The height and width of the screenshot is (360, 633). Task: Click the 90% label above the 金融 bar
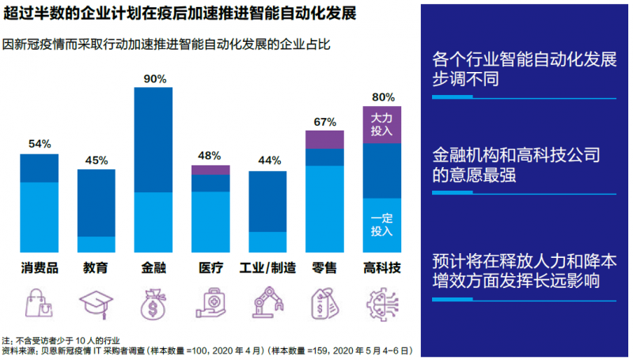(x=154, y=78)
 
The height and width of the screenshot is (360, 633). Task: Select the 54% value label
(x=40, y=144)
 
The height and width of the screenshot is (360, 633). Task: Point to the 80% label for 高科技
(x=383, y=97)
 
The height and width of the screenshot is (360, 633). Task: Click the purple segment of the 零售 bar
(x=325, y=139)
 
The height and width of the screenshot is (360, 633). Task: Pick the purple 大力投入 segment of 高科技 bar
(x=383, y=124)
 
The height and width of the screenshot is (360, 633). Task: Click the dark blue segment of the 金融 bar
(x=154, y=139)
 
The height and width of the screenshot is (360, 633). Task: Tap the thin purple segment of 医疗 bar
(x=211, y=169)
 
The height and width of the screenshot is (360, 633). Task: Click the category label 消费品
(x=40, y=267)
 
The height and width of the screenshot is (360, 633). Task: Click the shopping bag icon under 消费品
(x=40, y=302)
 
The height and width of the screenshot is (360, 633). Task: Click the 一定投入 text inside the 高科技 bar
(x=382, y=225)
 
